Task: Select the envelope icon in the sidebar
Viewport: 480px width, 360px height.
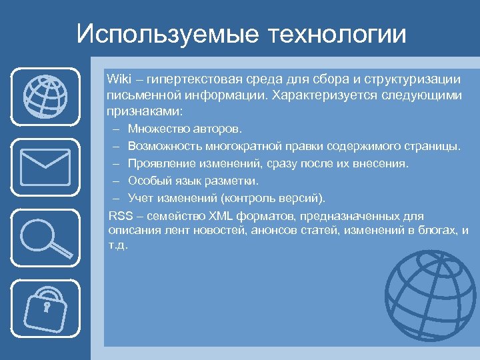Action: tap(45, 165)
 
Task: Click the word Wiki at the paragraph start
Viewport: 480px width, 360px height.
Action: tap(117, 79)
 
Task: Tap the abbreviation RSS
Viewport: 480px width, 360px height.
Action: tap(119, 216)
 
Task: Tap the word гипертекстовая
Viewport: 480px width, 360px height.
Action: tap(190, 79)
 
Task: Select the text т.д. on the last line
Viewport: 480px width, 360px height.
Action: tap(117, 245)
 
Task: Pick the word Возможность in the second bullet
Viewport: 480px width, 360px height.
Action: tap(160, 145)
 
